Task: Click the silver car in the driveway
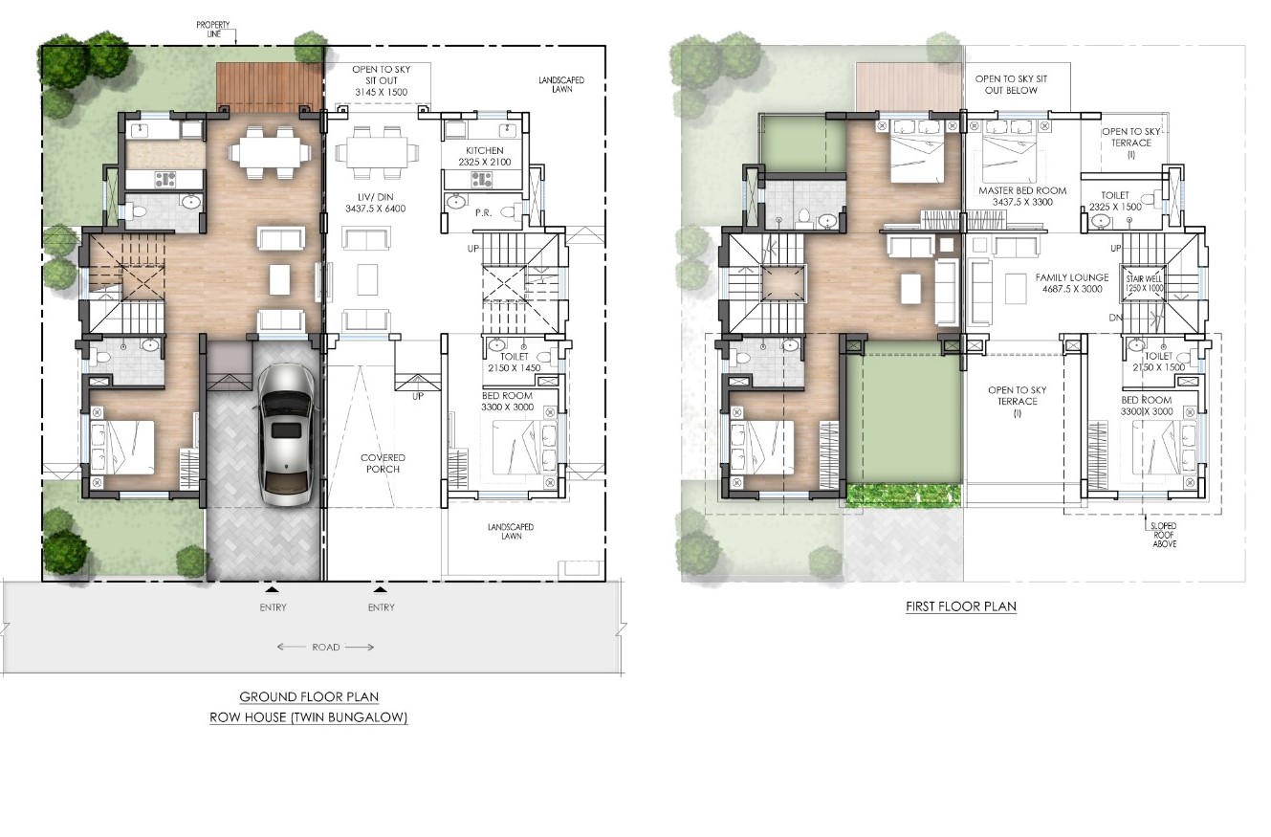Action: tap(285, 435)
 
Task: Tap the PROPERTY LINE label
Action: tap(212, 29)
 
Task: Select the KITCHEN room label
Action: tap(485, 150)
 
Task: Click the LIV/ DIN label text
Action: tap(375, 197)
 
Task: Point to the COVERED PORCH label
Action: tap(383, 463)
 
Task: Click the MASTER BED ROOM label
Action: tap(1022, 190)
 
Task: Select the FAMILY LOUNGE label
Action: tap(1072, 277)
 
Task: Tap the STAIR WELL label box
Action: tap(1144, 283)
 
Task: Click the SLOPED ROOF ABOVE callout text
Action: tap(1164, 535)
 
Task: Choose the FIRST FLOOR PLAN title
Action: tap(960, 606)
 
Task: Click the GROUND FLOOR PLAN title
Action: tap(309, 696)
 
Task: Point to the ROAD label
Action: tap(326, 647)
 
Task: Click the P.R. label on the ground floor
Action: tap(483, 212)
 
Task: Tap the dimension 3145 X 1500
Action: tap(382, 92)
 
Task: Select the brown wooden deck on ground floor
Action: tap(270, 87)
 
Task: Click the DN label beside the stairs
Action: tap(1115, 318)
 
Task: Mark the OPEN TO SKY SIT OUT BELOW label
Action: tap(1011, 84)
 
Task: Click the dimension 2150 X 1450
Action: tap(515, 367)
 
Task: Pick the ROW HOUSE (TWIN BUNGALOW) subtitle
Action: tap(309, 717)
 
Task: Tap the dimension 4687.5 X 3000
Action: tap(1072, 289)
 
